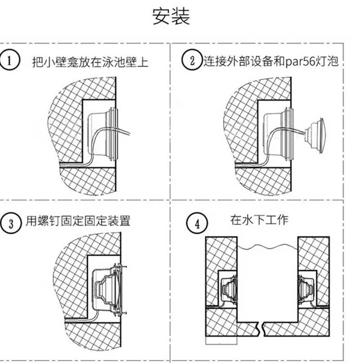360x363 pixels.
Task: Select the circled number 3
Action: (x=11, y=223)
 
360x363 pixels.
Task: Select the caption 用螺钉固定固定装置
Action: (x=81, y=221)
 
